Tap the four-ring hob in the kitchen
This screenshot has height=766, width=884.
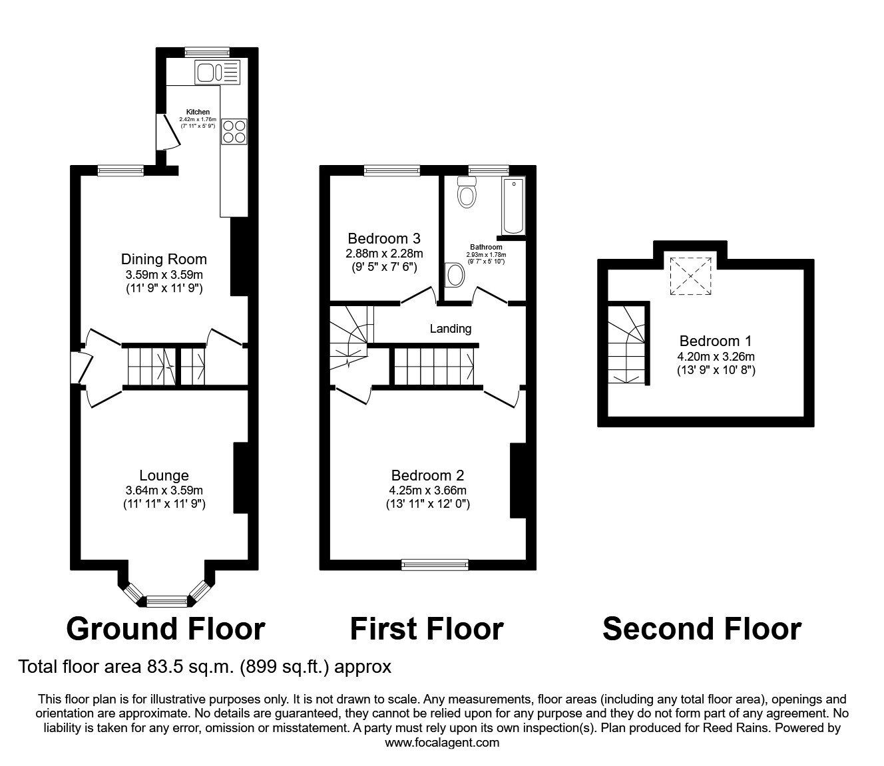tap(234, 130)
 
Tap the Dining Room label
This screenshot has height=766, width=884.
tap(164, 259)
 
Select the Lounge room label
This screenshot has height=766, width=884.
tap(164, 475)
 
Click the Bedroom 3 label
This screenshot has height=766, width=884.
tap(384, 238)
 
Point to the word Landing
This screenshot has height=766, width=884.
tap(450, 328)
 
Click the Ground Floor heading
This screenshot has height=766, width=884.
tap(166, 628)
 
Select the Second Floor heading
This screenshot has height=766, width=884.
tap(702, 628)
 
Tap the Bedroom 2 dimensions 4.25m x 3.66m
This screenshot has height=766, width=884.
tap(427, 490)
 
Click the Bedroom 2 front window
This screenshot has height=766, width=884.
tap(435, 565)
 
